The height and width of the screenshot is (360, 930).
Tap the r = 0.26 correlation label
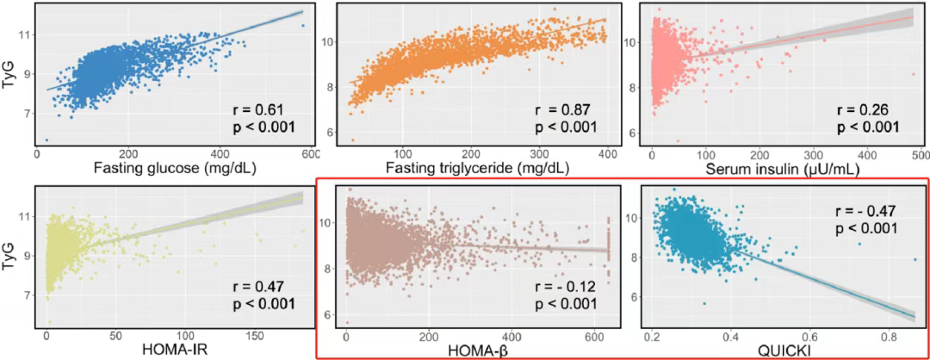tap(864, 110)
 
